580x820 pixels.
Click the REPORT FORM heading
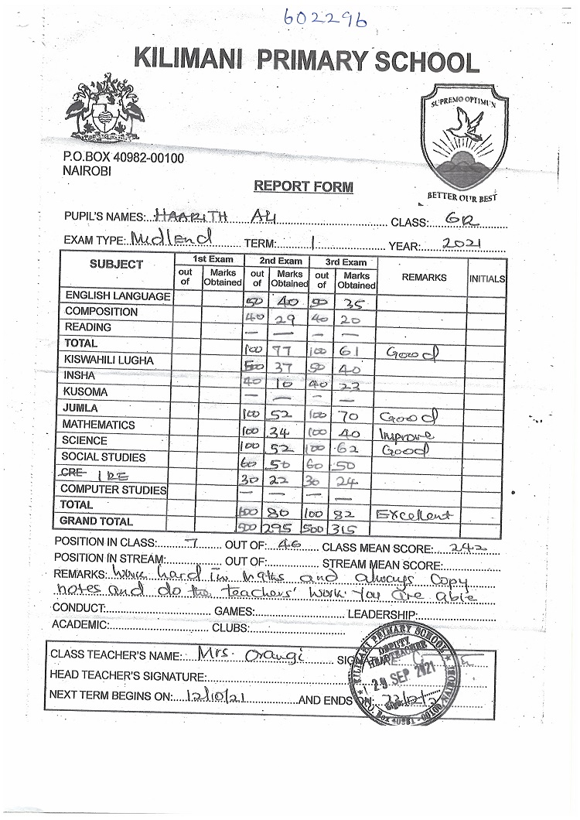(303, 186)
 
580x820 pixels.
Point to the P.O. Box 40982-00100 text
(123, 158)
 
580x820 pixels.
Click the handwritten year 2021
(462, 244)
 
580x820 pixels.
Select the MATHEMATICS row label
(98, 425)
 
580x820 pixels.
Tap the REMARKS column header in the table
(424, 277)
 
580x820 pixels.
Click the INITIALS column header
(486, 278)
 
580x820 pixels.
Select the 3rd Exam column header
(345, 261)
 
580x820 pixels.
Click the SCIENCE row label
(86, 440)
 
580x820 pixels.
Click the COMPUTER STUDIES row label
(113, 489)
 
